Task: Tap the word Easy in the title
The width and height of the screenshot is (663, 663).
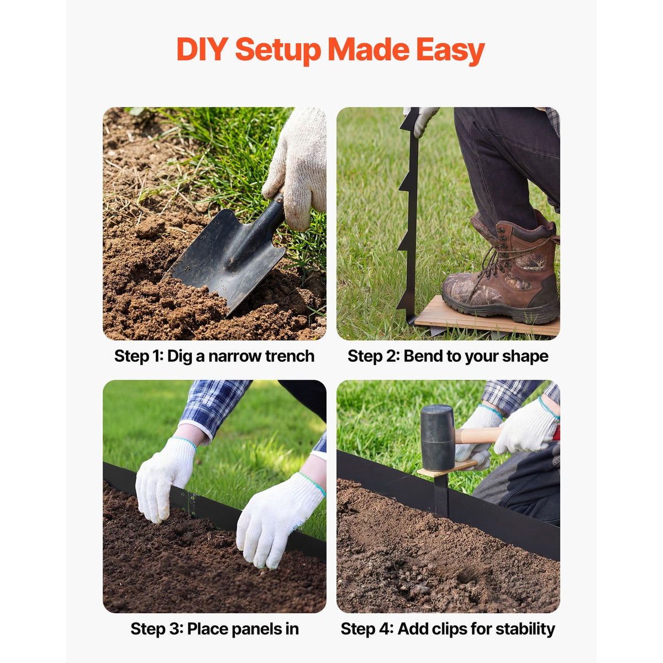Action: pos(450,51)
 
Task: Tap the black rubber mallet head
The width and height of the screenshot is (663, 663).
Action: pos(438,438)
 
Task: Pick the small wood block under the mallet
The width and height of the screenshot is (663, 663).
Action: pos(446,469)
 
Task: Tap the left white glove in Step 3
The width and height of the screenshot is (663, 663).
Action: pos(165,479)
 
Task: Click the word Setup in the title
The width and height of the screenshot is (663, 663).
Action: pos(278,51)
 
